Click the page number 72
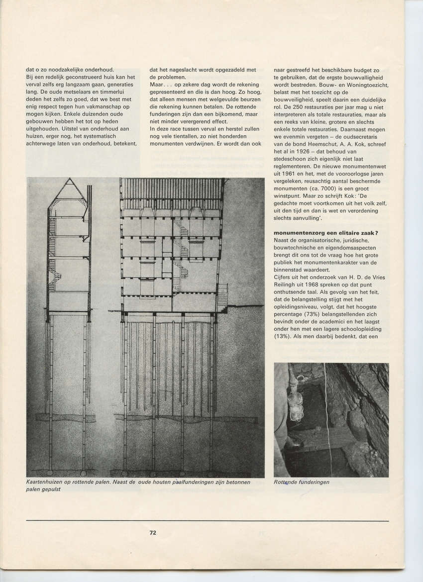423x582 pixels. pyautogui.click(x=153, y=532)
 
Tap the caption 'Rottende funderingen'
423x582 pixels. pyautogui.click(x=301, y=482)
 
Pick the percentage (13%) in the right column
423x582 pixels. pyautogui.click(x=284, y=336)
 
